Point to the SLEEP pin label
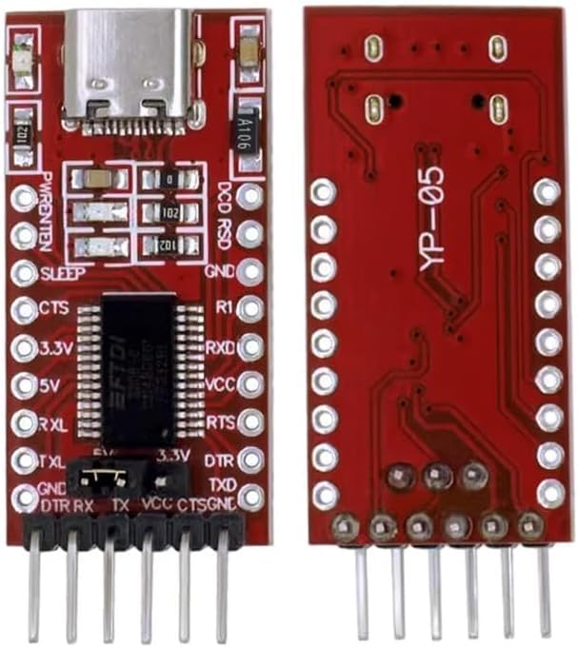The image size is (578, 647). [x=63, y=274]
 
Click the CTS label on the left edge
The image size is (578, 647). [x=53, y=309]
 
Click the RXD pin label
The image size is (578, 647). [x=221, y=345]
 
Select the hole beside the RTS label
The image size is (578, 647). [x=250, y=420]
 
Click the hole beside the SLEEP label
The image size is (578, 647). [x=24, y=273]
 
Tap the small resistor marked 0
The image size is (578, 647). [x=169, y=178]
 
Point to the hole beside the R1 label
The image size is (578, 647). [x=250, y=308]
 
